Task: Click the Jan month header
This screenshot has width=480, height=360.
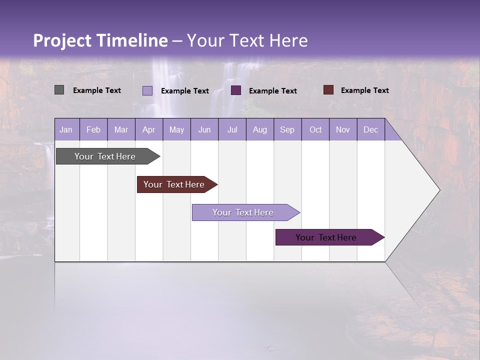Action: tap(66, 129)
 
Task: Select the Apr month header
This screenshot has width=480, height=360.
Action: tap(149, 129)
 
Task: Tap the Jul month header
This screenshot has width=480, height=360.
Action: tap(232, 129)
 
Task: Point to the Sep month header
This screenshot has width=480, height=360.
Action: tap(287, 129)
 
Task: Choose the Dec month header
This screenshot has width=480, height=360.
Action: tap(370, 129)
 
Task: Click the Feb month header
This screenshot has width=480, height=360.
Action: tap(93, 129)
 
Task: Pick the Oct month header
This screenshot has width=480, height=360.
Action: tap(315, 129)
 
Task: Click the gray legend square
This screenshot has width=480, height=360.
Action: tap(59, 90)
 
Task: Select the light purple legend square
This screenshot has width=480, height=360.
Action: tap(147, 90)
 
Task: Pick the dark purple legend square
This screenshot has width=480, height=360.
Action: tap(236, 90)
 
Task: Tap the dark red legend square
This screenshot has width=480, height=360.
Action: tap(328, 90)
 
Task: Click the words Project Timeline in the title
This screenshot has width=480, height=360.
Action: tap(100, 40)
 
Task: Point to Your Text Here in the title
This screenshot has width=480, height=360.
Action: tap(247, 40)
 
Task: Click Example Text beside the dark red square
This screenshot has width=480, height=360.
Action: tap(364, 90)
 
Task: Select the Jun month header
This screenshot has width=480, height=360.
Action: tap(204, 129)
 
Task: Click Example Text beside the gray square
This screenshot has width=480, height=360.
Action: tap(97, 90)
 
